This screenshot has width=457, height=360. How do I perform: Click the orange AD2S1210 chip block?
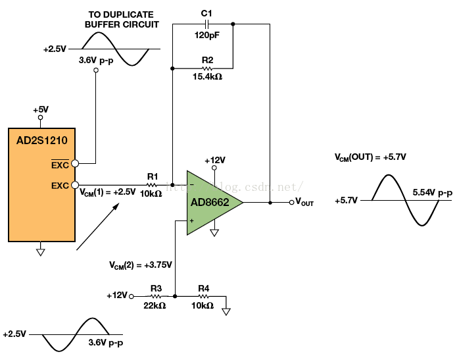[41, 185]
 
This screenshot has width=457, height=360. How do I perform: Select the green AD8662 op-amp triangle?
[210, 203]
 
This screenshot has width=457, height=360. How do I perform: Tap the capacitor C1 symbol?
[206, 24]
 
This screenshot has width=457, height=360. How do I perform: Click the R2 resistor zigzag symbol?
[207, 68]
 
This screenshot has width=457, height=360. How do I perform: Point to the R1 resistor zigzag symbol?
[151, 185]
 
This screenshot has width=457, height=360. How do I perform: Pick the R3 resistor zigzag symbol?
[156, 296]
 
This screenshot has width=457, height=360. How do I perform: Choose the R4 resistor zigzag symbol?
[203, 296]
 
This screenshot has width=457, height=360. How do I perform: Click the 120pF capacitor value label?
[207, 36]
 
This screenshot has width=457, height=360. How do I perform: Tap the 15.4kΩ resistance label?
[207, 77]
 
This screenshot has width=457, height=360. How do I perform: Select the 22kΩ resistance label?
[155, 305]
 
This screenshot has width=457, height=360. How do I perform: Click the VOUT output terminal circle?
[291, 203]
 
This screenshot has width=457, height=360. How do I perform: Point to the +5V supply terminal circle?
[41, 118]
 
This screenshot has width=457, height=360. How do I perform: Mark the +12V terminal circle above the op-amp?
[214, 168]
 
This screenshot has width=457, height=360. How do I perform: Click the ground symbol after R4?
[226, 311]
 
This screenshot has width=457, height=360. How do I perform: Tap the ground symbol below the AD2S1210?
[41, 252]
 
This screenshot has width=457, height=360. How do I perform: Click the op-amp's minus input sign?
[192, 185]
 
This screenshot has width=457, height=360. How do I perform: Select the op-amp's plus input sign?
[192, 221]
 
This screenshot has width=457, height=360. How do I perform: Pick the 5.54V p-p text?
[433, 193]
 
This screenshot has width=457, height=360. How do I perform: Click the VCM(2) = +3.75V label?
[141, 265]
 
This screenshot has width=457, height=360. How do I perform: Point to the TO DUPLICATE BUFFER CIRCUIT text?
[122, 20]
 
